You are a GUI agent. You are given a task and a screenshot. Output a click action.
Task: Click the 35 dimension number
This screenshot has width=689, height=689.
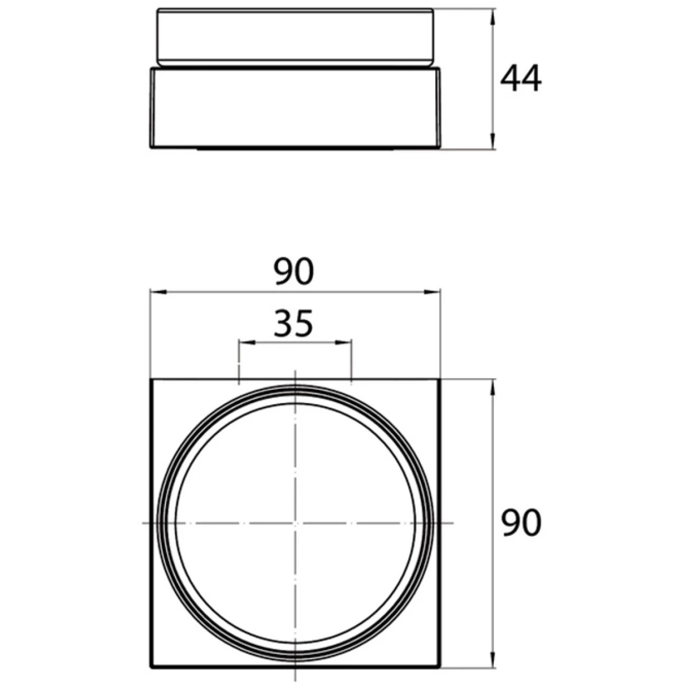pyautogui.click(x=293, y=324)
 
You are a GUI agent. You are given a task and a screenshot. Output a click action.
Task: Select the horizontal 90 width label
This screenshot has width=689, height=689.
pyautogui.click(x=293, y=272)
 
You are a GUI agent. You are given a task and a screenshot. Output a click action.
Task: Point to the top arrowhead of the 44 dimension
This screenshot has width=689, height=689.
pyautogui.click(x=493, y=17)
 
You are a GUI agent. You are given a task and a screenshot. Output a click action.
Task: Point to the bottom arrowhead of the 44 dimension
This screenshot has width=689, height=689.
pyautogui.click(x=493, y=141)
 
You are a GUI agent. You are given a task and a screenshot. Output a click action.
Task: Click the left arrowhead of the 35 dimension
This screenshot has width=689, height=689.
pyautogui.click(x=247, y=343)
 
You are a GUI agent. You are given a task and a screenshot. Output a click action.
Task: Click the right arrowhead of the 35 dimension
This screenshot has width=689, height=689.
pyautogui.click(x=343, y=343)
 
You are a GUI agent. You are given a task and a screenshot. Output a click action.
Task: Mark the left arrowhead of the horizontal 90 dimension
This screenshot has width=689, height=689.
pyautogui.click(x=158, y=292)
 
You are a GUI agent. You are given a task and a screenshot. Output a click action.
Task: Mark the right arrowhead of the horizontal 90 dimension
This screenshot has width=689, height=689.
pyautogui.click(x=432, y=292)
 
